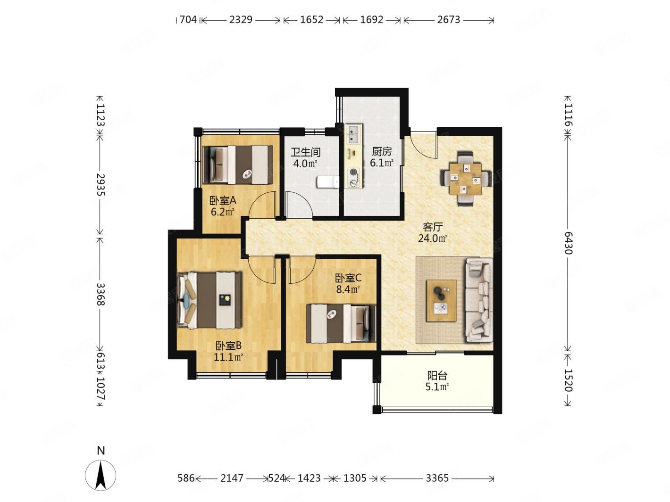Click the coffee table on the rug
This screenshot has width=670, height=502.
click(441, 300)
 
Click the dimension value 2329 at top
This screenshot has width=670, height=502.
click(241, 20)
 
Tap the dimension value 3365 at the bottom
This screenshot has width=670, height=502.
click(437, 478)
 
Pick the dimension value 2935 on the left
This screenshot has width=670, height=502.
click(100, 185)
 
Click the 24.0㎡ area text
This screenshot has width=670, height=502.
click(433, 238)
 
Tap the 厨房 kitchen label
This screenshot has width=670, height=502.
click(382, 151)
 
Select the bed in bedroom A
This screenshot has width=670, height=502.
click(238, 165)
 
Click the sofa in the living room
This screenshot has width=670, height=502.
click(478, 300)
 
